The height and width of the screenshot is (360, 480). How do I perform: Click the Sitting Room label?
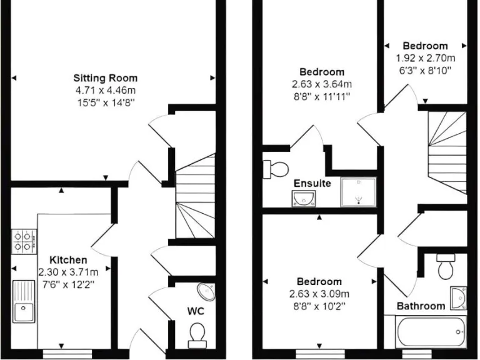click(x=106, y=78)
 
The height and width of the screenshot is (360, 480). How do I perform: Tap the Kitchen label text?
click(x=68, y=259)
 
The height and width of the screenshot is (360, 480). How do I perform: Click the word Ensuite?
click(x=312, y=184)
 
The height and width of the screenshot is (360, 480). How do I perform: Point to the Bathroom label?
click(x=421, y=306)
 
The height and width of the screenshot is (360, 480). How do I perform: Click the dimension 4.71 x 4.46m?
click(x=106, y=90)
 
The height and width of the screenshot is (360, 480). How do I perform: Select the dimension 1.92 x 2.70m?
click(x=425, y=57)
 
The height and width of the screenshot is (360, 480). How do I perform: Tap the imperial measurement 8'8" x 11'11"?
click(x=321, y=96)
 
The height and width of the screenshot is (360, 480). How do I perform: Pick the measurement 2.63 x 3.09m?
click(x=319, y=294)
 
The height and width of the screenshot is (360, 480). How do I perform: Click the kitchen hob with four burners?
click(x=23, y=241)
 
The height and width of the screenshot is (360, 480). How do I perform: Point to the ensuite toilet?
click(x=276, y=167)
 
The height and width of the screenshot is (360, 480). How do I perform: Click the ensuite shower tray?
click(x=358, y=192)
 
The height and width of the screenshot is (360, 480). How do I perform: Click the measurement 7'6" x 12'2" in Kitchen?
click(x=68, y=283)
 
